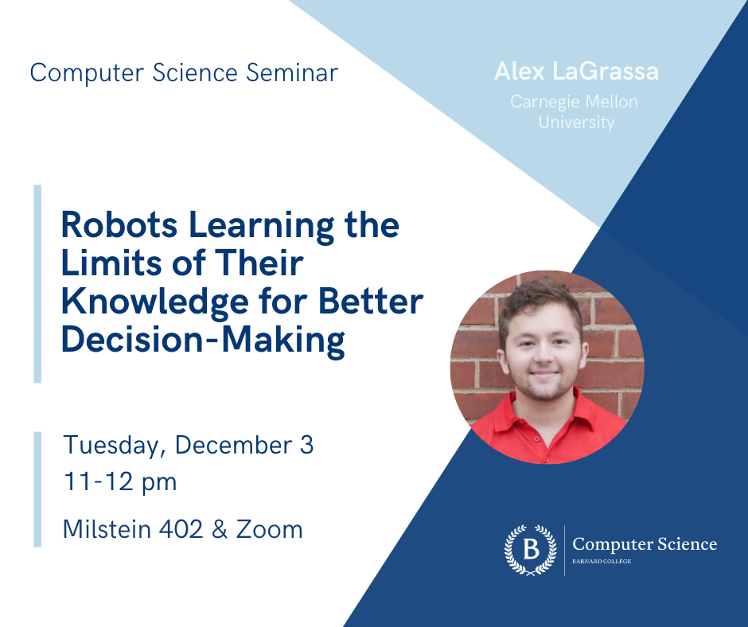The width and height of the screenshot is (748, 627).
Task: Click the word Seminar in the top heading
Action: [292, 73]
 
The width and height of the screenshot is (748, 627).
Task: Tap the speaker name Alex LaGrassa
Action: [576, 72]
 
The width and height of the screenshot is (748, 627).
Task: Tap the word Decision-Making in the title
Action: [203, 340]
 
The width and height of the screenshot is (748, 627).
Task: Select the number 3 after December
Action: [307, 445]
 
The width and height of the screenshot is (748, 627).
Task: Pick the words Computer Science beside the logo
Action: [645, 544]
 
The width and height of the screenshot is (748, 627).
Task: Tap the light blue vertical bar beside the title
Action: [37, 284]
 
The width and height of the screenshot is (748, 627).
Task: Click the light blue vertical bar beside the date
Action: [37, 489]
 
